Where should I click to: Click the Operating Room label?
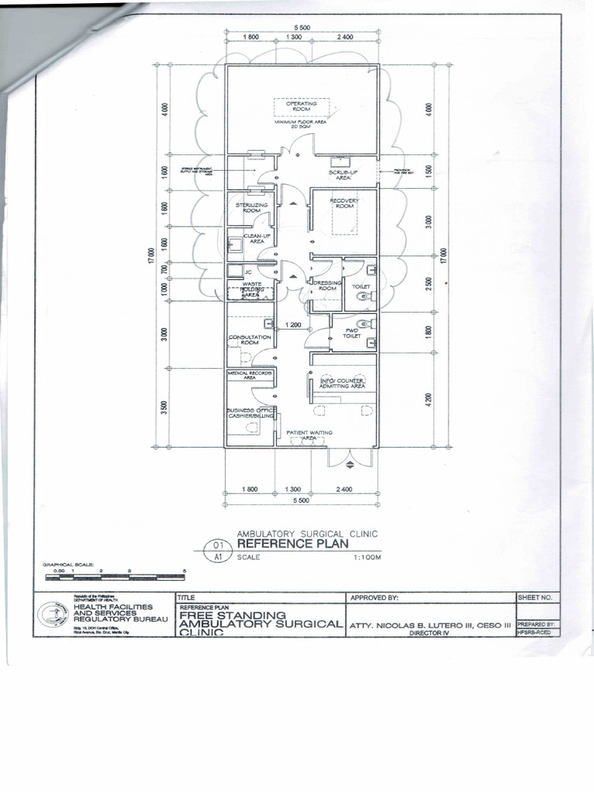[302, 107]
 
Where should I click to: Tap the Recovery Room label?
[345, 203]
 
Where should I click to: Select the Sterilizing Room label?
[251, 207]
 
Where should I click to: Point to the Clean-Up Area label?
[257, 238]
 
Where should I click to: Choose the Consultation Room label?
[250, 339]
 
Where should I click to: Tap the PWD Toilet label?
[352, 333]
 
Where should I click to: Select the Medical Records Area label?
[251, 375]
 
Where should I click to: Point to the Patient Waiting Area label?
[309, 435]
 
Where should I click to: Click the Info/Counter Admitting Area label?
[343, 383]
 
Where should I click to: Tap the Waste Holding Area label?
[252, 289]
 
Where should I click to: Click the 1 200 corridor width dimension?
[292, 325]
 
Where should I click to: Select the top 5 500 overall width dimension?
[302, 28]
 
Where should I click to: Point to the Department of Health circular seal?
[53, 615]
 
